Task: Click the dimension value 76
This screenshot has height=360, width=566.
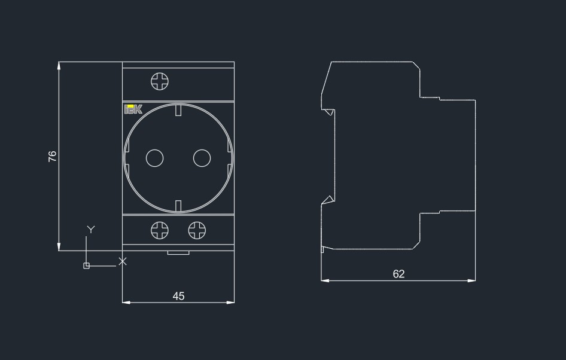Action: tap(52, 156)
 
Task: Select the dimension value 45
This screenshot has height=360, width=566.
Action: tap(178, 296)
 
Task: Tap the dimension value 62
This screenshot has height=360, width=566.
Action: tap(398, 274)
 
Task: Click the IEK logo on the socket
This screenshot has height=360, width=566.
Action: tap(133, 109)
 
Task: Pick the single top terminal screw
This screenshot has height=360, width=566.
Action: tap(160, 81)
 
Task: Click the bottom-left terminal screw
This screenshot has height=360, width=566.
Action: tap(160, 230)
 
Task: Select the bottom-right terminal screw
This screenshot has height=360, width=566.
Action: tap(197, 230)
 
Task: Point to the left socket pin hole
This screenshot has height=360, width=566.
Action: tap(154, 158)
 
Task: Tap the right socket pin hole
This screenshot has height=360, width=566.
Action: tap(202, 158)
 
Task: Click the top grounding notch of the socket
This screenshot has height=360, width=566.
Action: tap(178, 110)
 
